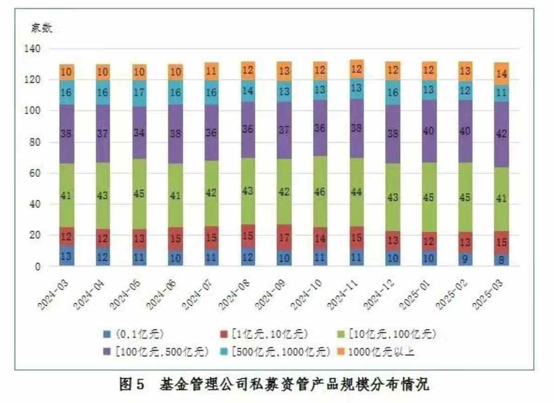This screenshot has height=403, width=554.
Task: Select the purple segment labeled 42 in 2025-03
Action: [501, 135]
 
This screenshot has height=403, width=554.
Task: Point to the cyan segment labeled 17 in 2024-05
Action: [139, 93]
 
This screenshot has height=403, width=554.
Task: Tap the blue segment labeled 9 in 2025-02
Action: [465, 259]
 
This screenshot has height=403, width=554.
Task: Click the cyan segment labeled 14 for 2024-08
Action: [248, 91]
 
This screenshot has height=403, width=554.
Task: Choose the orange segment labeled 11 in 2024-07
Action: [212, 71]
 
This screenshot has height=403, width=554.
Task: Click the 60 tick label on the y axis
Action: [37, 173]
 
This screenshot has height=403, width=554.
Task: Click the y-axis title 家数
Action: [42, 28]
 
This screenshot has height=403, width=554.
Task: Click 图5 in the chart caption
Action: [132, 385]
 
